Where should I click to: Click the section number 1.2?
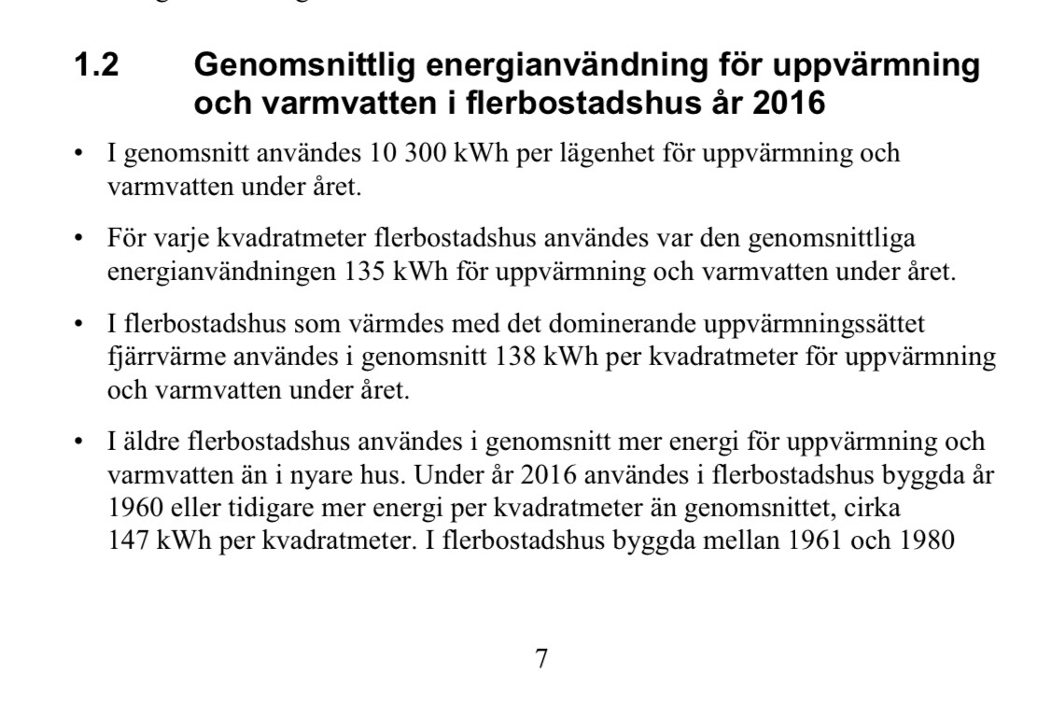point(96,66)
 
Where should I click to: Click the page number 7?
point(541,659)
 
